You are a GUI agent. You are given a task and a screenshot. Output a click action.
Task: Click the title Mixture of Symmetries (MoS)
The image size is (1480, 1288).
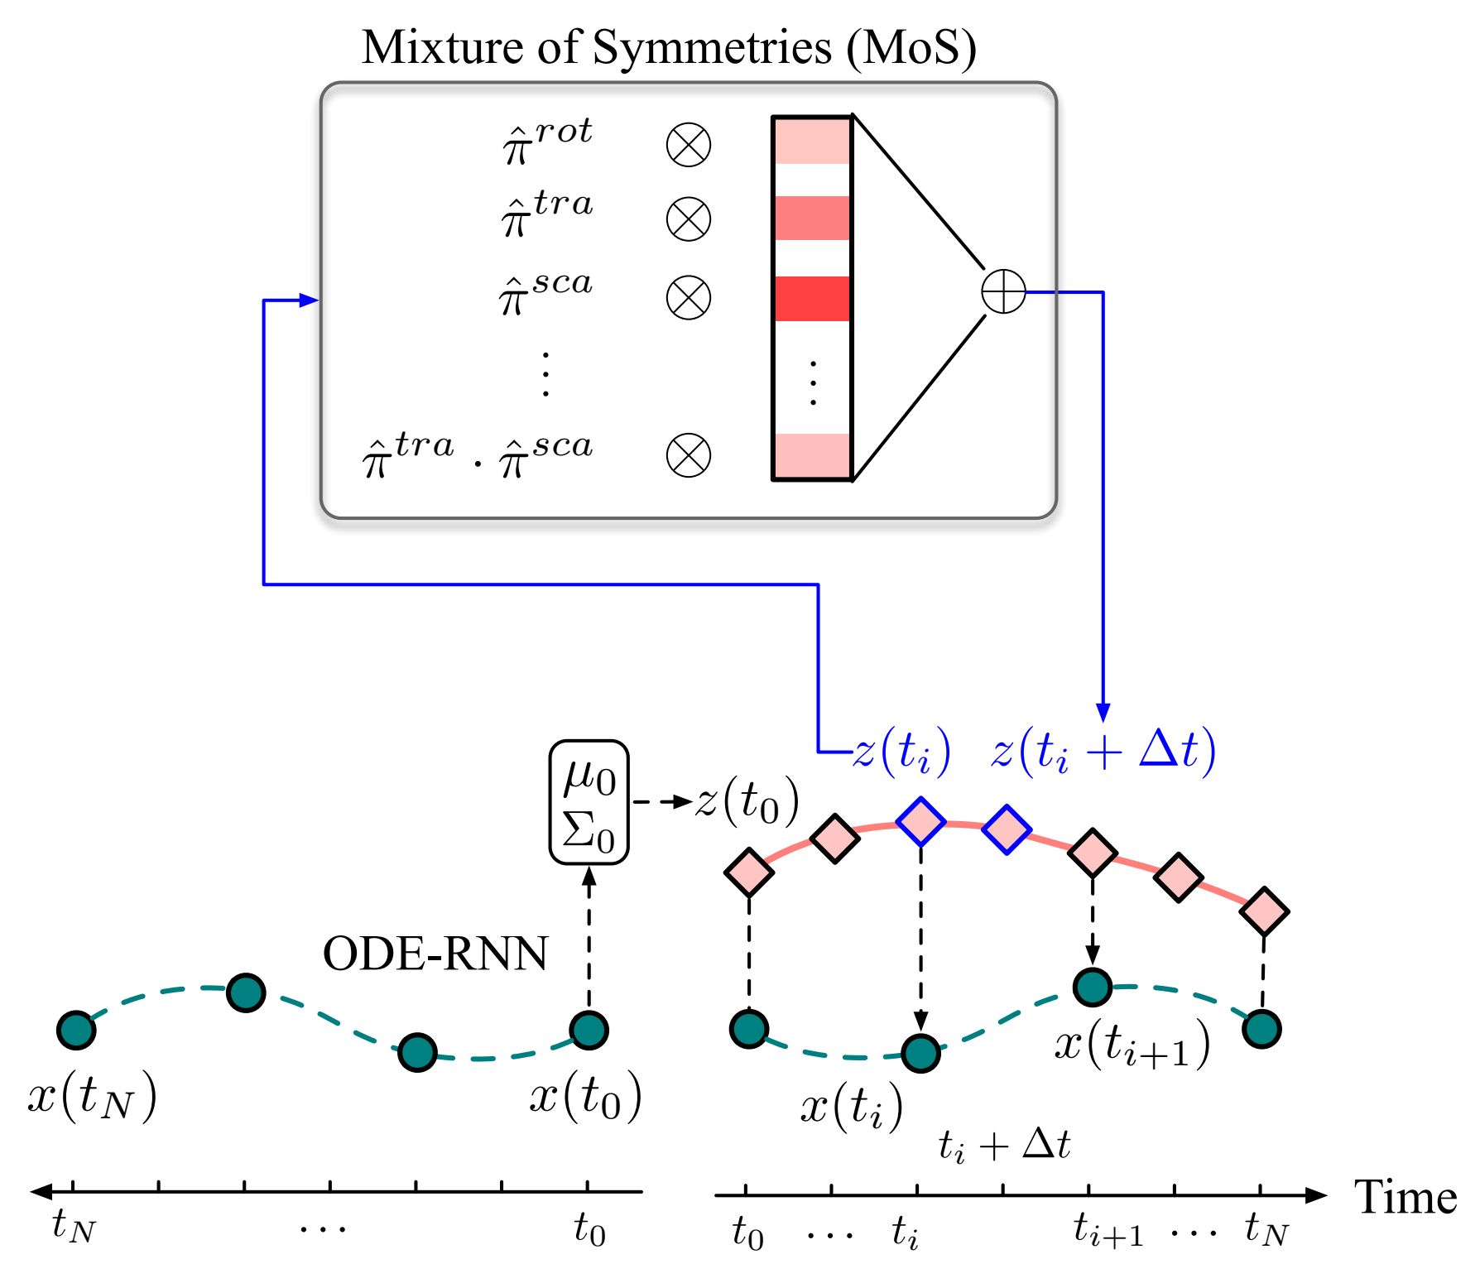[x=669, y=47]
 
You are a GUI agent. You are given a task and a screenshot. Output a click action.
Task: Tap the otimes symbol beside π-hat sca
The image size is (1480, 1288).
[x=688, y=298]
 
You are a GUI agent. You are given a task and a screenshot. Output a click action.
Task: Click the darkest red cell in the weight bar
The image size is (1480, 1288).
[x=812, y=299]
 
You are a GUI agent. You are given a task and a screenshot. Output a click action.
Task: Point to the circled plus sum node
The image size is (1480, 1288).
[x=1003, y=292]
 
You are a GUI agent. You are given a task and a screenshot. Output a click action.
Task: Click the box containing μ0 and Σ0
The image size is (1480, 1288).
[x=589, y=802]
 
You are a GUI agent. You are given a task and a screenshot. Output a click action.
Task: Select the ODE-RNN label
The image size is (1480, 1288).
[x=435, y=954]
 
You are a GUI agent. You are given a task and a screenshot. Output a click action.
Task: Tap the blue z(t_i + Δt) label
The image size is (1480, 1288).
[x=1103, y=752]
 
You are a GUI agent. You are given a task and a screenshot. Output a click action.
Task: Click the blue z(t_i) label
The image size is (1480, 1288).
[x=901, y=752]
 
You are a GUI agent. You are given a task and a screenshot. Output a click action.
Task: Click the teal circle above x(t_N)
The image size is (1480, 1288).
[x=76, y=1030]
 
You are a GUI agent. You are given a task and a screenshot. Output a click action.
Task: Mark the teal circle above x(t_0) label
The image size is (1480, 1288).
[x=589, y=1030]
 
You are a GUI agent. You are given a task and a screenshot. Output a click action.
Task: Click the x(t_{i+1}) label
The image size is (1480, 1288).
[x=1132, y=1045]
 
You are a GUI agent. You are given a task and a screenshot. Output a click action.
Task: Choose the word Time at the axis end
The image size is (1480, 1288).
[x=1405, y=1198]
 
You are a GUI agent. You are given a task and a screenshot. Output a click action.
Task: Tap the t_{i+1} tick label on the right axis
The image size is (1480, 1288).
[x=1108, y=1232]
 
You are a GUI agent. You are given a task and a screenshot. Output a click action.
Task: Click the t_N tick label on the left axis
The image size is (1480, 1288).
[x=74, y=1226]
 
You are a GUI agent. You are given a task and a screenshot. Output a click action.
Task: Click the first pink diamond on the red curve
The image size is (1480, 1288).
[x=749, y=872]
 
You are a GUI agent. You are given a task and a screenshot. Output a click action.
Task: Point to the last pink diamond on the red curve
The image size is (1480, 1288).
[x=1264, y=911]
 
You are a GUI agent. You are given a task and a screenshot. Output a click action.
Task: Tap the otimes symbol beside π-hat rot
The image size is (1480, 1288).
[x=688, y=145]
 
